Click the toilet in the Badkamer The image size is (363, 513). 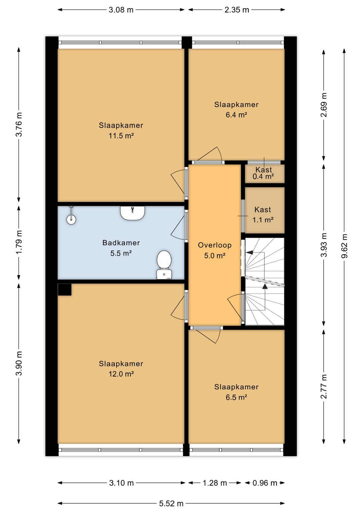coord(164,265)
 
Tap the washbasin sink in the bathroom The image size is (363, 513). coord(133,213)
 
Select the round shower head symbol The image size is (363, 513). coord(71,220)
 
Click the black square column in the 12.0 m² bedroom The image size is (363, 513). coord(65,289)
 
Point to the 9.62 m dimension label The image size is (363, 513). coord(344,246)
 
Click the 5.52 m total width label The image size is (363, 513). coord(171,503)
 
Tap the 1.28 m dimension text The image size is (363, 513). coord(214,483)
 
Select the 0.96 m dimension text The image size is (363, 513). coord(265,483)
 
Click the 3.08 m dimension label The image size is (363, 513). coord(121,10)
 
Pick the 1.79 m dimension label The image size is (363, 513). coord(19,242)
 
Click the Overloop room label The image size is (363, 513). coord(214,245)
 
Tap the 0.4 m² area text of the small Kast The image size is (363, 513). coord(263,176)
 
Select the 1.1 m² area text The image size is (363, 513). coord(263,220)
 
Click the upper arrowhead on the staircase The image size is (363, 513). coord(249,252)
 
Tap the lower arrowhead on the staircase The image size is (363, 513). coord(265,286)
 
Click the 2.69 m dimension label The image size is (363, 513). coord(324,105)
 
